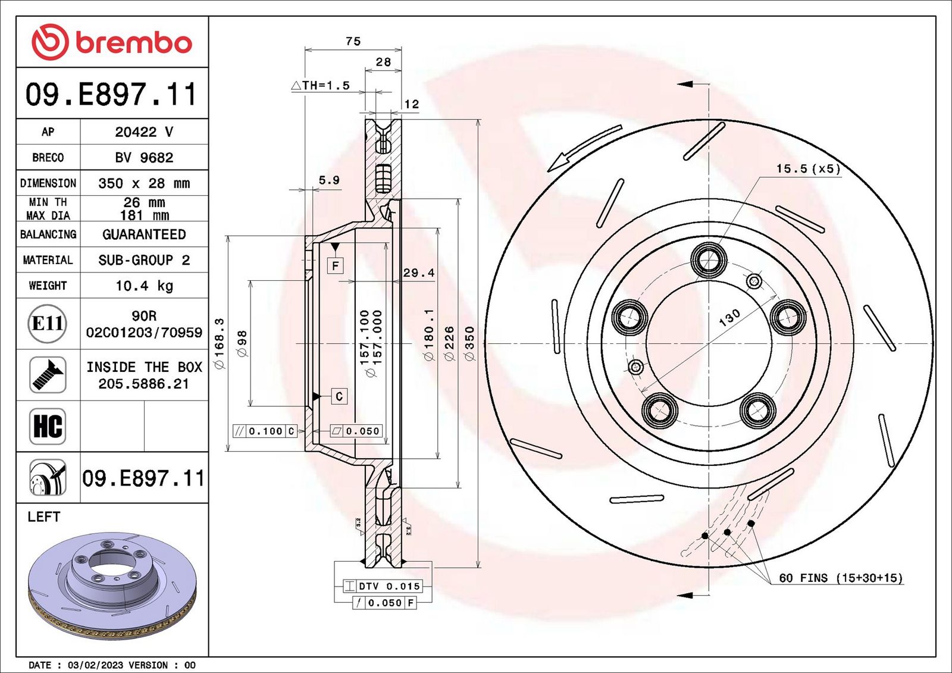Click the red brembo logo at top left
coord(112,42)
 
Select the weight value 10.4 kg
coord(144,286)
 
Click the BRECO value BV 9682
coord(144,158)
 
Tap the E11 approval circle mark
coord(48,323)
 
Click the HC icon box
coord(48,426)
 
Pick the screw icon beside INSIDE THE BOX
coord(48,375)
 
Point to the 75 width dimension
coord(353,41)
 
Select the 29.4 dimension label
coord(418,273)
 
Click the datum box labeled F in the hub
coord(336,265)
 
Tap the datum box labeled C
coord(339,396)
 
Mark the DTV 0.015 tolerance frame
coord(383,586)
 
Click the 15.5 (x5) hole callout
coord(808,168)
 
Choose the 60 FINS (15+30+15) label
coord(841,578)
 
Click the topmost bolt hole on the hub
coord(709,260)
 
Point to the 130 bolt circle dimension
coord(729,318)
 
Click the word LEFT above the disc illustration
coord(44,517)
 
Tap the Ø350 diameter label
coord(469,343)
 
